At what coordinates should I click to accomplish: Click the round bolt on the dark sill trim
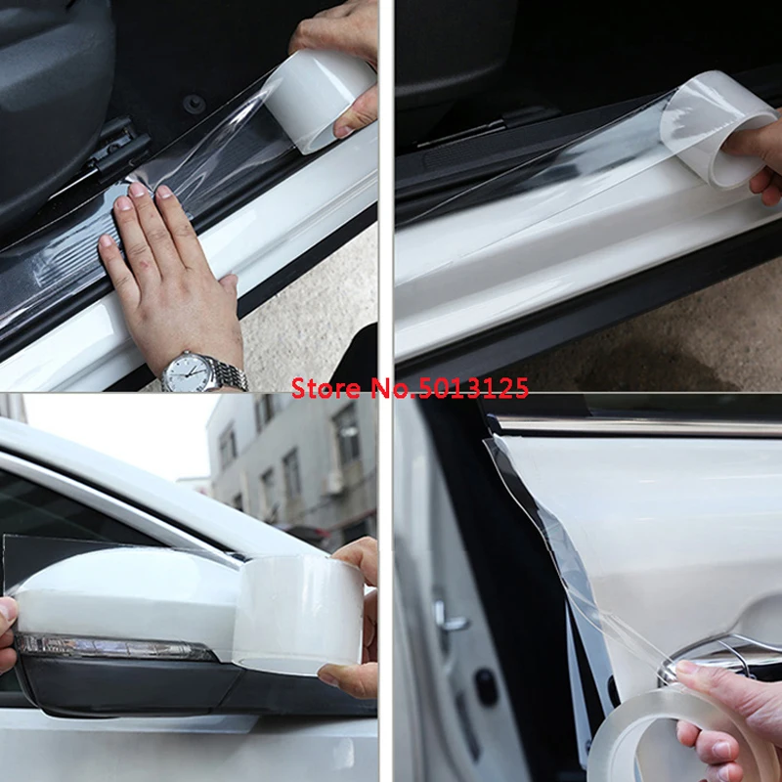point(193,103)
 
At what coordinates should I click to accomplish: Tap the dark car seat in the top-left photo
point(49,98)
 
